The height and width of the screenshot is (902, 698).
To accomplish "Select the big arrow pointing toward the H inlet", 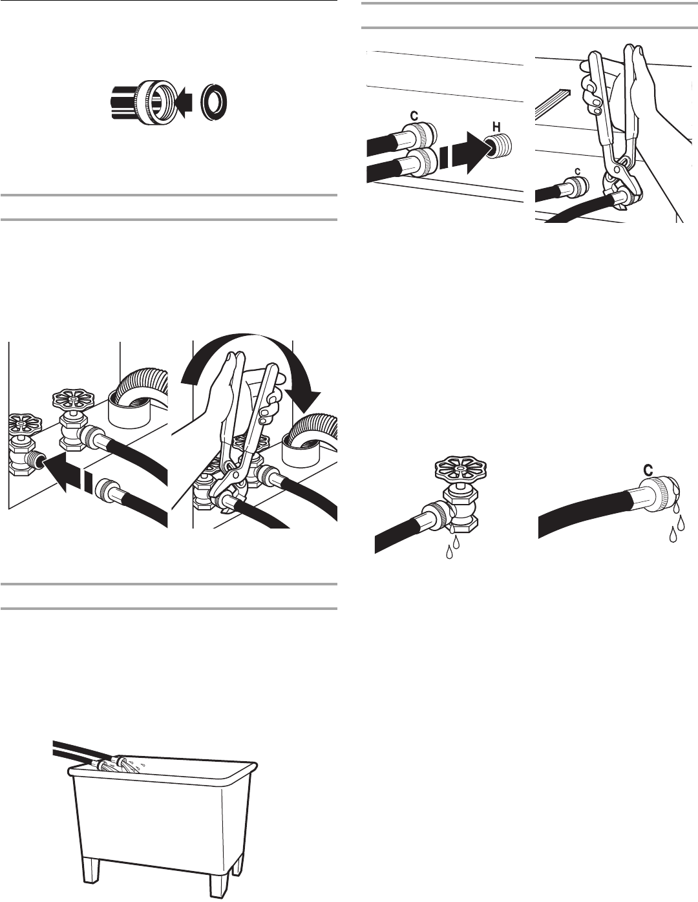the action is point(466,152).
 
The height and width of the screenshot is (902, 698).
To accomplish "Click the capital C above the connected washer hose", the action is point(414,117).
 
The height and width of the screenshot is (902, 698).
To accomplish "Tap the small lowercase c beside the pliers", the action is point(576,171).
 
